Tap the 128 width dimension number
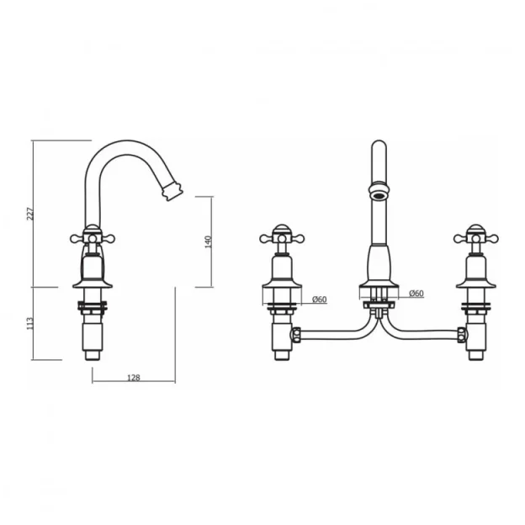pos(133,378)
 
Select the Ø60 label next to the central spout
pos(416,294)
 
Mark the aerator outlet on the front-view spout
pos(377,195)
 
